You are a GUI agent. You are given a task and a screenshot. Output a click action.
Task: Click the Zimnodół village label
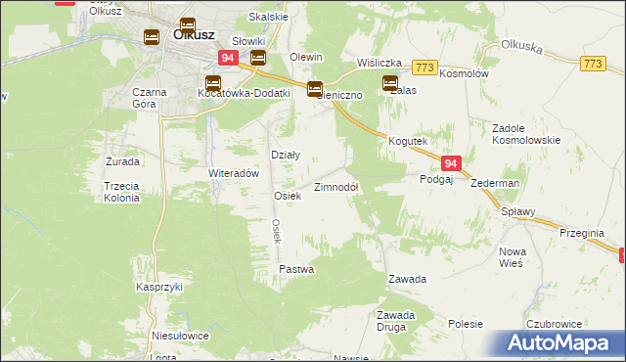pyautogui.click(x=336, y=187)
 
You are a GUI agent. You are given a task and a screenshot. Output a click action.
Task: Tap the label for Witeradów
pyautogui.click(x=233, y=173)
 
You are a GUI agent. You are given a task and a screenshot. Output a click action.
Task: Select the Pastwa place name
pyautogui.click(x=296, y=268)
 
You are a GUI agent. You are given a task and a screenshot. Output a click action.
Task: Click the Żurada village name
pyautogui.click(x=122, y=160)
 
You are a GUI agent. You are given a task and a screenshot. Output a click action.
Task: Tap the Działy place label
pyautogui.click(x=285, y=155)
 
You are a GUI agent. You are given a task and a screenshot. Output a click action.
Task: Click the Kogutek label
pyautogui.click(x=408, y=141)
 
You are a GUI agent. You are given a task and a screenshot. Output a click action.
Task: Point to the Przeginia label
pyautogui.click(x=585, y=233)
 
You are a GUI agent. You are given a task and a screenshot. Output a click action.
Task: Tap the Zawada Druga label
pyautogui.click(x=397, y=321)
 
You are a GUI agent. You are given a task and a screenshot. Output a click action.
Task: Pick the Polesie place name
pyautogui.click(x=467, y=323)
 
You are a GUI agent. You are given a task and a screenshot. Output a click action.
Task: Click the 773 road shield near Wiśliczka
pyautogui.click(x=424, y=67)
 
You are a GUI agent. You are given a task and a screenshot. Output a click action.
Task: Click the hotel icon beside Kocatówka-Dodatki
pyautogui.click(x=213, y=83)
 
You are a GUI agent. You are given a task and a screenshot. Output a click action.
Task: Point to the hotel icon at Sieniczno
pyautogui.click(x=315, y=89)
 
